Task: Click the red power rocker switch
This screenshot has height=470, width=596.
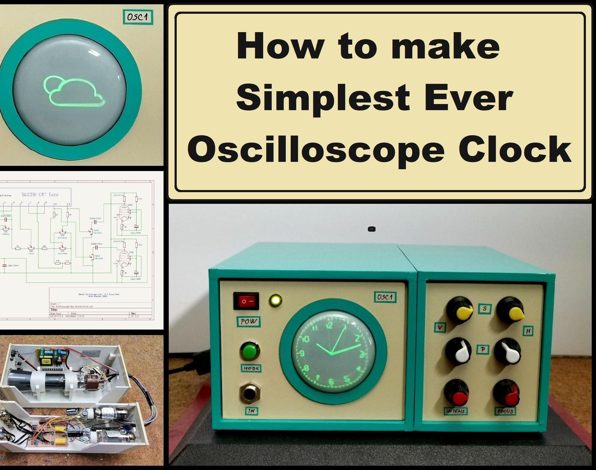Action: (x=246, y=301)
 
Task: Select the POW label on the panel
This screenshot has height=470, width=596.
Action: (x=249, y=322)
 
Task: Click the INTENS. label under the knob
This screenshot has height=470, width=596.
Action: (x=456, y=411)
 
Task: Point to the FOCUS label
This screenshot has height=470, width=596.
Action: (x=505, y=411)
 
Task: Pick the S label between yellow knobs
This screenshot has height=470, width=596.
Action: (x=485, y=309)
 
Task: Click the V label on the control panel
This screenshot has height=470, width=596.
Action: (x=440, y=328)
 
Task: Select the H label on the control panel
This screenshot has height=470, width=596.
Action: (x=528, y=331)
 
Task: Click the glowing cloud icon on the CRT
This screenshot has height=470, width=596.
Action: (x=74, y=91)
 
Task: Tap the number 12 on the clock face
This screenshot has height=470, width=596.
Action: (x=329, y=325)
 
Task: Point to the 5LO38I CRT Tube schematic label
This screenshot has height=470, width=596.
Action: (x=40, y=194)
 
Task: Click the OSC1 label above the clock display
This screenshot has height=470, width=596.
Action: (x=385, y=297)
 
